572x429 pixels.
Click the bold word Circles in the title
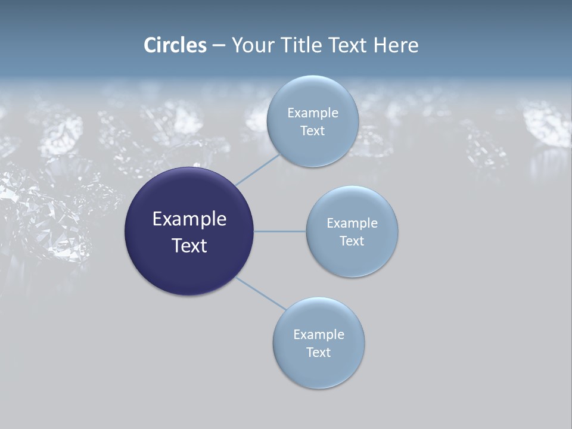tap(175, 45)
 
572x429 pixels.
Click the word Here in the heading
tap(396, 45)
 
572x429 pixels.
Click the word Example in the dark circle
tap(189, 219)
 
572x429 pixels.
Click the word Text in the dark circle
tap(189, 245)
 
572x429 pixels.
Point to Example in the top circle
tap(312, 113)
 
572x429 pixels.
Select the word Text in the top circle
tap(312, 130)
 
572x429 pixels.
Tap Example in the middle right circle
tap(352, 223)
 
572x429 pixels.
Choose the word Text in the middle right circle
tap(352, 241)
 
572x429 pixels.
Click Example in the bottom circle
tap(318, 334)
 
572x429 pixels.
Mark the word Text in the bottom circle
tap(318, 352)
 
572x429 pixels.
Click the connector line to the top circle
tap(257, 169)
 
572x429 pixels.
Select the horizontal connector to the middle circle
tap(279, 231)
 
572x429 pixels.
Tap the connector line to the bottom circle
tap(261, 294)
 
